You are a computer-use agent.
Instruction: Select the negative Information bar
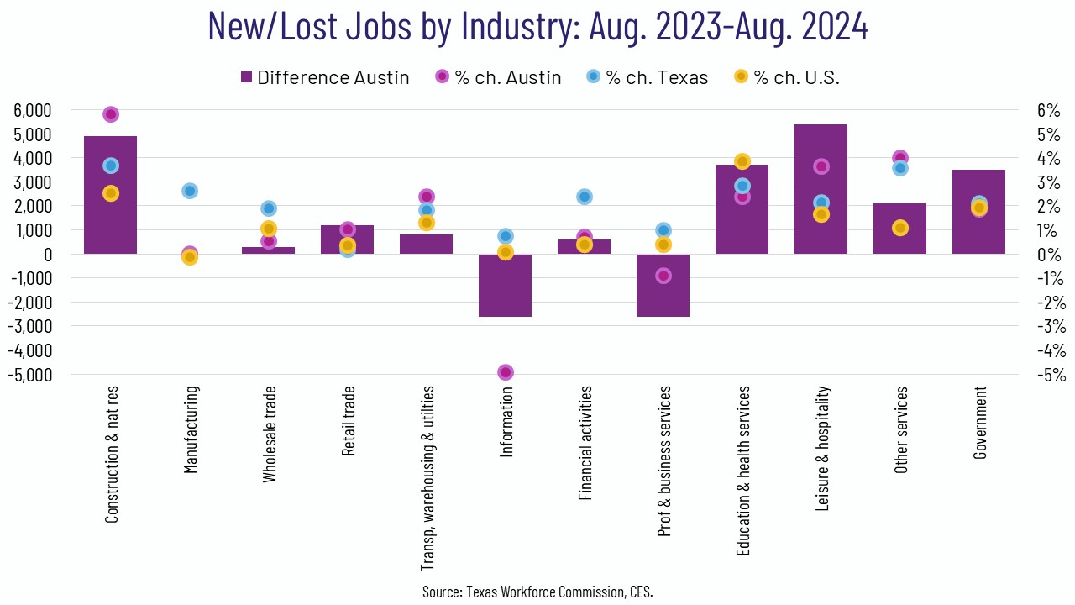click(x=505, y=286)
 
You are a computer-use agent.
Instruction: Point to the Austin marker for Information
click(x=506, y=372)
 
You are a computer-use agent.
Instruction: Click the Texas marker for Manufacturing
click(x=190, y=191)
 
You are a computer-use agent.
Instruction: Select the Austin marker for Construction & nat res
click(x=111, y=114)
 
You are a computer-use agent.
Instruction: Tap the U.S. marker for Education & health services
click(x=742, y=161)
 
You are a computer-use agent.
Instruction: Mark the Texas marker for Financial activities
click(x=585, y=197)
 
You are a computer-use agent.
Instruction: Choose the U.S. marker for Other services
click(x=900, y=228)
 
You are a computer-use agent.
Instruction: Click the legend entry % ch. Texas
click(x=647, y=77)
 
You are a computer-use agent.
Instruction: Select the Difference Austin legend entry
click(x=324, y=77)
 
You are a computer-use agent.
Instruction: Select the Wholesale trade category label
click(x=270, y=434)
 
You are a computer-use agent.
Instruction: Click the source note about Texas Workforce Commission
click(x=537, y=592)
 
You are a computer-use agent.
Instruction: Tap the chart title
click(x=537, y=27)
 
